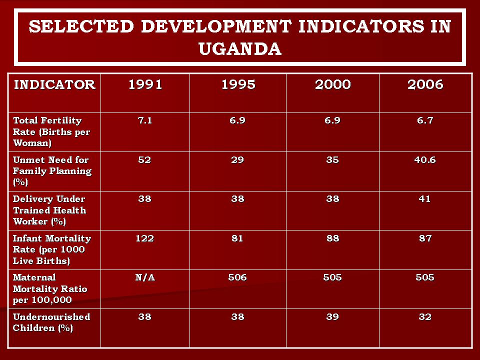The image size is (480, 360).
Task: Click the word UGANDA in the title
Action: [239, 48]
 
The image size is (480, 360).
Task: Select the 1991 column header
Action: [145, 84]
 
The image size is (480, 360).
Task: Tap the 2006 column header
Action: [425, 84]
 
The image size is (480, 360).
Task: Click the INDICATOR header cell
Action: [54, 84]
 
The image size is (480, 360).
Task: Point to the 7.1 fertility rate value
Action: [145, 120]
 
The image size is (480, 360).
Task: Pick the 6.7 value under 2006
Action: [425, 120]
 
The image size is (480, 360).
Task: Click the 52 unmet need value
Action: [145, 160]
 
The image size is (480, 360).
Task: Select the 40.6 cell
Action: [425, 160]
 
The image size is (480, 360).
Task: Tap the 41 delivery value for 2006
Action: [425, 199]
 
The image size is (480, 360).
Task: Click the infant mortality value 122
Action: [145, 238]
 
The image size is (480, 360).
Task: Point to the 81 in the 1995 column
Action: [237, 238]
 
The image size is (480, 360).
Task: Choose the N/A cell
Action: [145, 277]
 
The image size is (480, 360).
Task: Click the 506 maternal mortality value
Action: [237, 277]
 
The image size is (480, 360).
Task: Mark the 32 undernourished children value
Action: [425, 317]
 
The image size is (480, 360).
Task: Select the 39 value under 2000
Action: [332, 317]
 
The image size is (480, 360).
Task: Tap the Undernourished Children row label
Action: [51, 322]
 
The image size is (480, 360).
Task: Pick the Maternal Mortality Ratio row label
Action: [50, 288]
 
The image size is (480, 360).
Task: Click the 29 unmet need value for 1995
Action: [237, 160]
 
